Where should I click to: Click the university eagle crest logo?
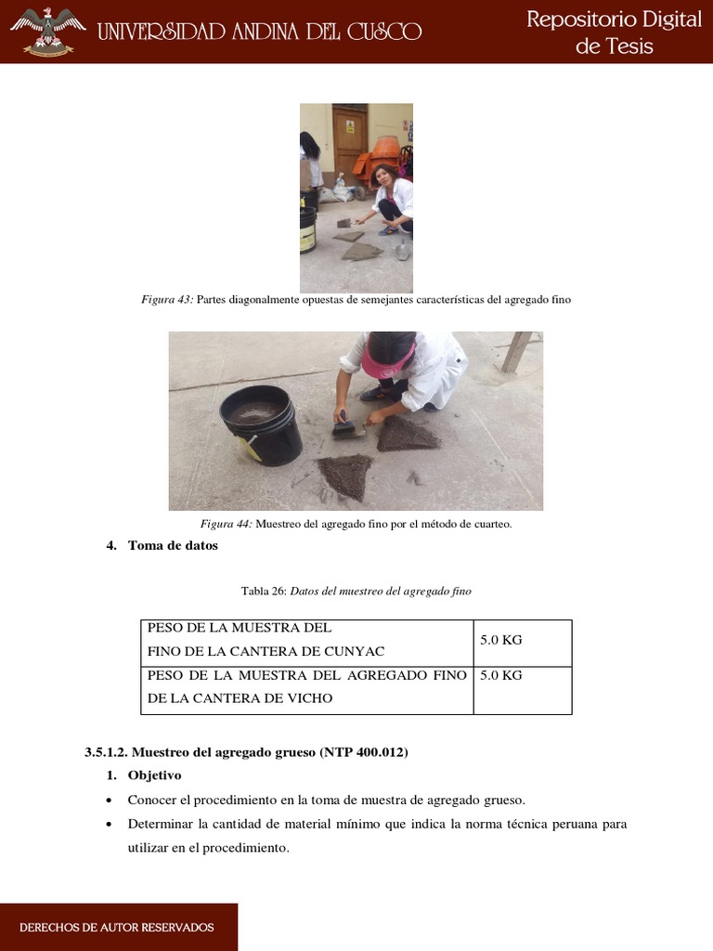click(47, 31)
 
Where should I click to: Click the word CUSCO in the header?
click(382, 33)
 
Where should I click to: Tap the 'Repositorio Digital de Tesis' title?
click(614, 33)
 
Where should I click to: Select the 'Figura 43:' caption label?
click(167, 300)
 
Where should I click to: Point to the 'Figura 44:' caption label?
click(227, 525)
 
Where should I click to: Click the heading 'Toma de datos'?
click(173, 546)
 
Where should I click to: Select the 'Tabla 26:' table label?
click(265, 592)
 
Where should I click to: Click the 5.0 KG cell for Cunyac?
click(501, 641)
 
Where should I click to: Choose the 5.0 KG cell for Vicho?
click(501, 675)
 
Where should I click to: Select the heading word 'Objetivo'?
click(155, 775)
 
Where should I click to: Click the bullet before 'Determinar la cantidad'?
click(110, 825)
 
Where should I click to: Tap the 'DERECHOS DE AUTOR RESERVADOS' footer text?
click(116, 928)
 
